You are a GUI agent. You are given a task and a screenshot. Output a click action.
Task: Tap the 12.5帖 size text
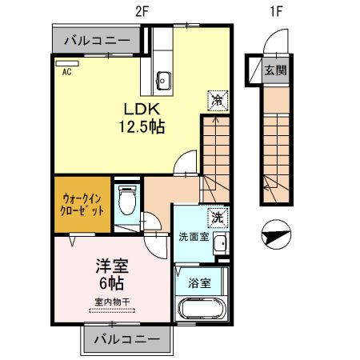click(x=142, y=126)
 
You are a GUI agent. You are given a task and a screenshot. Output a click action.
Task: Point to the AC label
click(x=67, y=71)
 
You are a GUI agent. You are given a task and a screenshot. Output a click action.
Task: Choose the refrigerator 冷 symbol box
click(x=217, y=99)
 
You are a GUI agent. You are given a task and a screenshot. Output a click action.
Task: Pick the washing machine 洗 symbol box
click(x=217, y=217)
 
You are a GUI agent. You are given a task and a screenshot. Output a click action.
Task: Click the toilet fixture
click(x=126, y=202)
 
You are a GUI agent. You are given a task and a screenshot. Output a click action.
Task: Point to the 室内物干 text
click(x=111, y=302)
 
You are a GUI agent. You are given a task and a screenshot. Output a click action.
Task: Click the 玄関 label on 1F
click(x=276, y=69)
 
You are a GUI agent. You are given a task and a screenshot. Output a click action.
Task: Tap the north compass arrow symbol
click(x=276, y=234)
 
